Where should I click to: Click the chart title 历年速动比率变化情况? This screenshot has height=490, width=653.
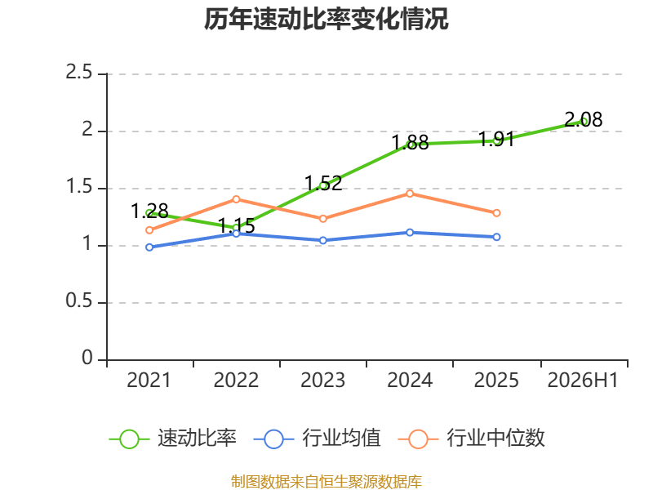click(x=326, y=19)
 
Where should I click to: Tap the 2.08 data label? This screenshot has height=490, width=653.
click(x=583, y=119)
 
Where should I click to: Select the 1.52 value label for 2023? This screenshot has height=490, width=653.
click(x=323, y=183)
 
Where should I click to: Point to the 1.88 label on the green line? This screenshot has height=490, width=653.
click(x=411, y=142)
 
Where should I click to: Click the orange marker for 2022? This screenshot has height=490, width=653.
click(x=236, y=199)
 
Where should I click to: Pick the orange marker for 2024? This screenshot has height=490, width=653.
click(x=410, y=194)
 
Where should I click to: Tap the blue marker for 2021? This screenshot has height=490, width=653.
click(x=149, y=247)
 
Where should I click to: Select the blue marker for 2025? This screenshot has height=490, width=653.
click(x=496, y=237)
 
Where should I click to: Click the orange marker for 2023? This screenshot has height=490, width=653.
click(x=322, y=218)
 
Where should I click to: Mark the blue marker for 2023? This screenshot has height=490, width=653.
click(x=322, y=240)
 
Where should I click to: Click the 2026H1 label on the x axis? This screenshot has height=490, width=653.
click(x=583, y=380)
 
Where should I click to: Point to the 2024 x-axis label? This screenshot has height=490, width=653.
click(x=410, y=380)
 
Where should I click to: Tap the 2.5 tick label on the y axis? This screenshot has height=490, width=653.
click(x=78, y=72)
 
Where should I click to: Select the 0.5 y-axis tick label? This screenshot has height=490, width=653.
click(x=78, y=301)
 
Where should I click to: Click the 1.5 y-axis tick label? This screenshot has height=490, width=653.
click(x=78, y=186)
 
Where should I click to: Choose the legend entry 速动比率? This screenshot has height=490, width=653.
click(x=173, y=439)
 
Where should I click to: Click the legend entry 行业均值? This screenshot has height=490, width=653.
click(x=317, y=439)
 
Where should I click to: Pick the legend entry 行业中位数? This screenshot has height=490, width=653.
click(x=472, y=439)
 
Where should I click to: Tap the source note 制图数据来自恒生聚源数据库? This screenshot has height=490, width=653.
click(x=326, y=482)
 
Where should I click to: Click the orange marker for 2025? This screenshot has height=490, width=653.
click(x=496, y=213)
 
